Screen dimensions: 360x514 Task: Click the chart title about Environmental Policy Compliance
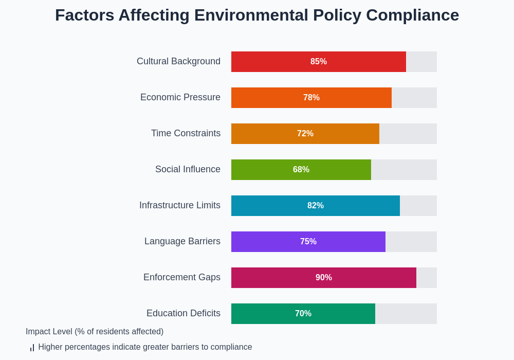click(x=257, y=15)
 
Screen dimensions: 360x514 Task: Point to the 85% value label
click(x=319, y=62)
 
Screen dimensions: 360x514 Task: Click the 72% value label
click(x=305, y=134)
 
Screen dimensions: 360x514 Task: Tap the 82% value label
click(x=316, y=206)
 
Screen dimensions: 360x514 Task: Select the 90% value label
click(x=324, y=278)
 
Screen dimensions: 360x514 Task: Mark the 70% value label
click(x=303, y=314)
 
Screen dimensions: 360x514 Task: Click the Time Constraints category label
click(x=186, y=133)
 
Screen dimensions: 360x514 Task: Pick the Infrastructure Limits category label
click(x=180, y=205)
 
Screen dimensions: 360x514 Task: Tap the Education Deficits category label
click(x=183, y=313)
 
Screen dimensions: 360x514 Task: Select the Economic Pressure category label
click(x=180, y=97)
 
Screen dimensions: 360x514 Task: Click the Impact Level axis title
click(x=95, y=332)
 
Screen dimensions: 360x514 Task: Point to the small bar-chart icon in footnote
click(x=32, y=348)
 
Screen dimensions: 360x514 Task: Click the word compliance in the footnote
click(x=232, y=347)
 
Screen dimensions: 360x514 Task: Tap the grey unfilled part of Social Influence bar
click(x=404, y=170)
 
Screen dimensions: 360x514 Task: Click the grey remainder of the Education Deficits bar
click(x=406, y=314)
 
